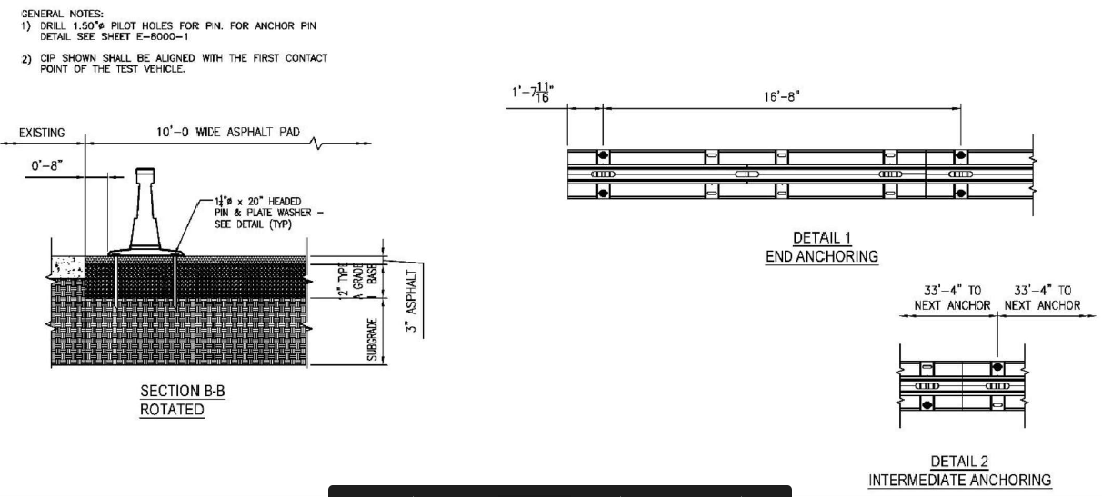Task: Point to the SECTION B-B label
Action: tap(172, 392)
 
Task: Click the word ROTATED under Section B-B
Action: tap(172, 409)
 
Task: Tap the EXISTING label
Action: tap(43, 134)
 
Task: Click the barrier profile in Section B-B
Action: tap(145, 214)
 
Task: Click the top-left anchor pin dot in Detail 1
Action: tap(602, 156)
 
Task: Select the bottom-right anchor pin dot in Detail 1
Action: tap(960, 191)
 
